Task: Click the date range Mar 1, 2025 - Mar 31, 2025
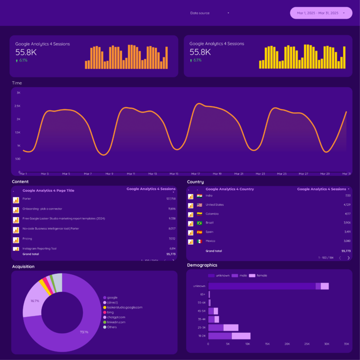tap(321, 13)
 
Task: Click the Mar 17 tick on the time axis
tap(195, 174)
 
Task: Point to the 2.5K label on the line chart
tap(18, 106)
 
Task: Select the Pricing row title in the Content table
tap(27, 238)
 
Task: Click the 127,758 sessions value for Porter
tap(171, 199)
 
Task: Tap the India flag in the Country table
tap(199, 196)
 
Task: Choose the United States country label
tap(215, 205)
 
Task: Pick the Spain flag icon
tap(199, 232)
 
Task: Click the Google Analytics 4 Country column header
tap(230, 189)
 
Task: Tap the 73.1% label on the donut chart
tap(84, 332)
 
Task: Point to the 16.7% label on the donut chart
tap(34, 300)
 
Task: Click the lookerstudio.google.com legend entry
tap(125, 307)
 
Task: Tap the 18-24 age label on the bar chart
tap(202, 336)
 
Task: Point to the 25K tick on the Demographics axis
tap(307, 344)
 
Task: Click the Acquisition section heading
tap(23, 267)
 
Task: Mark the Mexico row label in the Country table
tap(210, 241)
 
